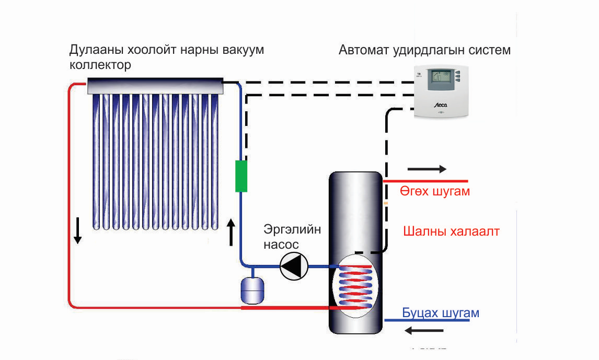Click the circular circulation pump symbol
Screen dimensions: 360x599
click(293, 266)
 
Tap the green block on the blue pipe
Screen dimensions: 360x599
click(240, 177)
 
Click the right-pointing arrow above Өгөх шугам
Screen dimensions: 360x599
click(427, 169)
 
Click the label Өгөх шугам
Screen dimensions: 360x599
click(435, 191)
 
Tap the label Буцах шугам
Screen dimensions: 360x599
click(441, 313)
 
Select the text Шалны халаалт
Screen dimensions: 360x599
click(451, 231)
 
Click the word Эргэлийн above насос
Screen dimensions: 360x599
click(292, 230)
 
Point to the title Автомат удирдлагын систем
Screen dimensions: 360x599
click(424, 51)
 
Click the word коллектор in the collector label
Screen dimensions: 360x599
click(100, 65)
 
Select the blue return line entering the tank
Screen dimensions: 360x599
click(426, 320)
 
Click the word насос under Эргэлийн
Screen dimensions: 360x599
click(281, 244)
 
